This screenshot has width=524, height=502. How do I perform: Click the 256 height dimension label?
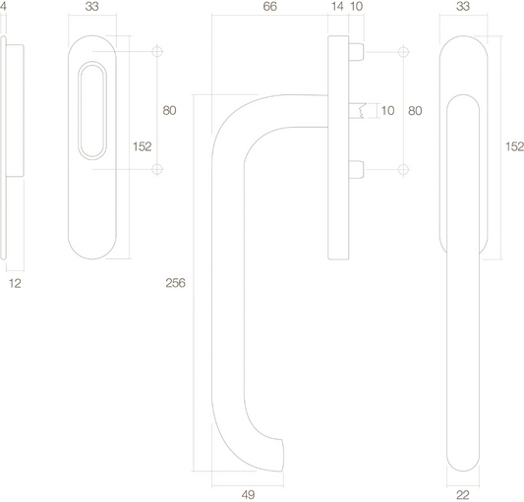[x=175, y=283]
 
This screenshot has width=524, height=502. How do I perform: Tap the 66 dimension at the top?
[x=270, y=6]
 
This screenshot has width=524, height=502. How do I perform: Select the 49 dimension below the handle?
[x=248, y=495]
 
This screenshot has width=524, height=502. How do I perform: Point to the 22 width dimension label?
[x=463, y=495]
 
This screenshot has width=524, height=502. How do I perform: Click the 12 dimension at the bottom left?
[x=15, y=283]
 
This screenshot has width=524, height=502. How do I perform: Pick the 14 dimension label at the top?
[x=337, y=6]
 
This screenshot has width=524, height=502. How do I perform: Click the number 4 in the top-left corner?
[x=3, y=6]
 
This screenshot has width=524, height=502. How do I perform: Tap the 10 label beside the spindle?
[x=387, y=111]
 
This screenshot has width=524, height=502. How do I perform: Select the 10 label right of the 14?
[x=357, y=6]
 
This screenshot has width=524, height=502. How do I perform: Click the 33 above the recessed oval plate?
[x=91, y=6]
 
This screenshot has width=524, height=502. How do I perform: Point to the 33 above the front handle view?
[x=463, y=6]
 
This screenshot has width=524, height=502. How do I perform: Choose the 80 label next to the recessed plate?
[x=169, y=111]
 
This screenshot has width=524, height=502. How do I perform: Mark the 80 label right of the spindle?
[x=415, y=111]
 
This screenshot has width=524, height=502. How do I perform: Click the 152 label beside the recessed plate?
[x=142, y=146]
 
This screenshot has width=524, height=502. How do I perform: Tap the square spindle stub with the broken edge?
[x=357, y=111]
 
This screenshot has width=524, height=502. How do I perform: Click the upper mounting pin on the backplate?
[x=356, y=52]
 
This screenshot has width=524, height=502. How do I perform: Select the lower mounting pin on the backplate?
[x=356, y=169]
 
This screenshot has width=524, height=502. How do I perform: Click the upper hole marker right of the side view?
[x=403, y=52]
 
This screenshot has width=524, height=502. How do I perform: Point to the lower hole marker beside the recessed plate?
[x=157, y=169]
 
